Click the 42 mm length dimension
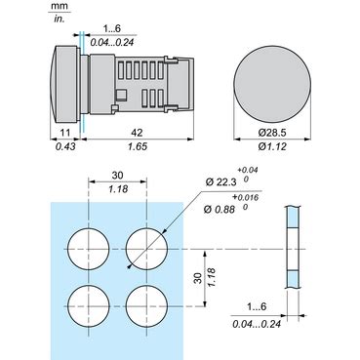click(137, 133)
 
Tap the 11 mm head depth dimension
click(65, 133)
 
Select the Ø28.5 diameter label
click(272, 133)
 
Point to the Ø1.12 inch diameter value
click(272, 146)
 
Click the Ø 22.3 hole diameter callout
click(220, 182)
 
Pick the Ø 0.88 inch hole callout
click(220, 209)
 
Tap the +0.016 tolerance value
click(245, 197)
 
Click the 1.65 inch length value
click(138, 146)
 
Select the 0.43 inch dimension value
click(65, 146)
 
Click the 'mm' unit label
click(59, 6)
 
